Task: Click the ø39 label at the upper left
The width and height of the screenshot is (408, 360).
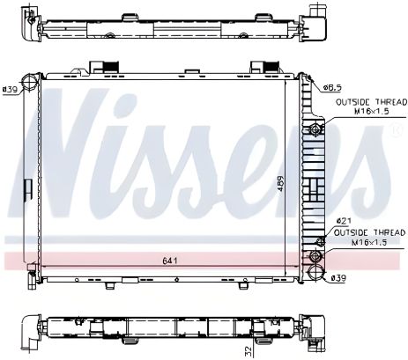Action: point(11,89)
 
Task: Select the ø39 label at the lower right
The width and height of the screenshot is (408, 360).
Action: point(338,278)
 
